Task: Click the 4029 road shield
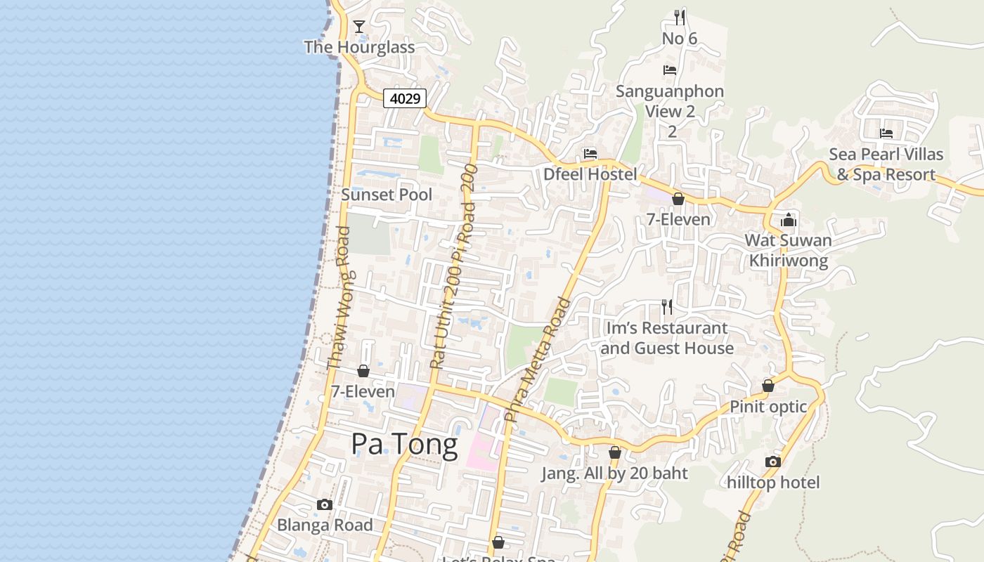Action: coord(406,98)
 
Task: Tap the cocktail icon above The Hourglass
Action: coord(359,27)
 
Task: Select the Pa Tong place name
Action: coord(404,444)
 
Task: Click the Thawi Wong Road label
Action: coord(338,298)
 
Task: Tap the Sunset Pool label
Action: coord(387,195)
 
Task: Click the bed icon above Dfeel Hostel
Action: coord(590,154)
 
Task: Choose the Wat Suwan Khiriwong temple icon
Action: coord(789,220)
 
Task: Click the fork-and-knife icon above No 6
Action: coord(680,17)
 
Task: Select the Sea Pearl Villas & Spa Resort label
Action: coord(886,164)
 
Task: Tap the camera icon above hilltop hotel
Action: coord(773,462)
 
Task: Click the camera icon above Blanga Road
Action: coord(325,504)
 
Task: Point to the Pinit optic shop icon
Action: coord(768,386)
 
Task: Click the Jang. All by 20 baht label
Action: coord(614,473)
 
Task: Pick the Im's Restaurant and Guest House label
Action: coord(667,338)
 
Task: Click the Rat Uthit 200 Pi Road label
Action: coord(454,267)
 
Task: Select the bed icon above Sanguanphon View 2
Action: coord(670,70)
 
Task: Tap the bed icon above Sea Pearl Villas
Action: coord(886,133)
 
